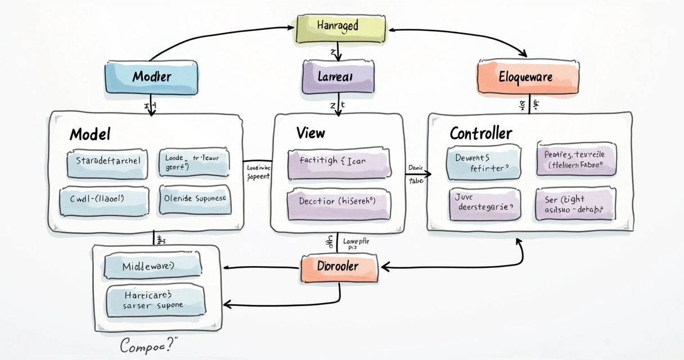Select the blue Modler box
[x=152, y=77]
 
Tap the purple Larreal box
[x=338, y=77]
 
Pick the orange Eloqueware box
[x=528, y=76]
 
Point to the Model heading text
[x=90, y=134]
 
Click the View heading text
[x=310, y=133]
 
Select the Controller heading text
[x=481, y=133]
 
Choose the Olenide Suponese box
[x=195, y=199]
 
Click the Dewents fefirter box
[x=483, y=162]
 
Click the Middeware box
[x=154, y=265]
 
